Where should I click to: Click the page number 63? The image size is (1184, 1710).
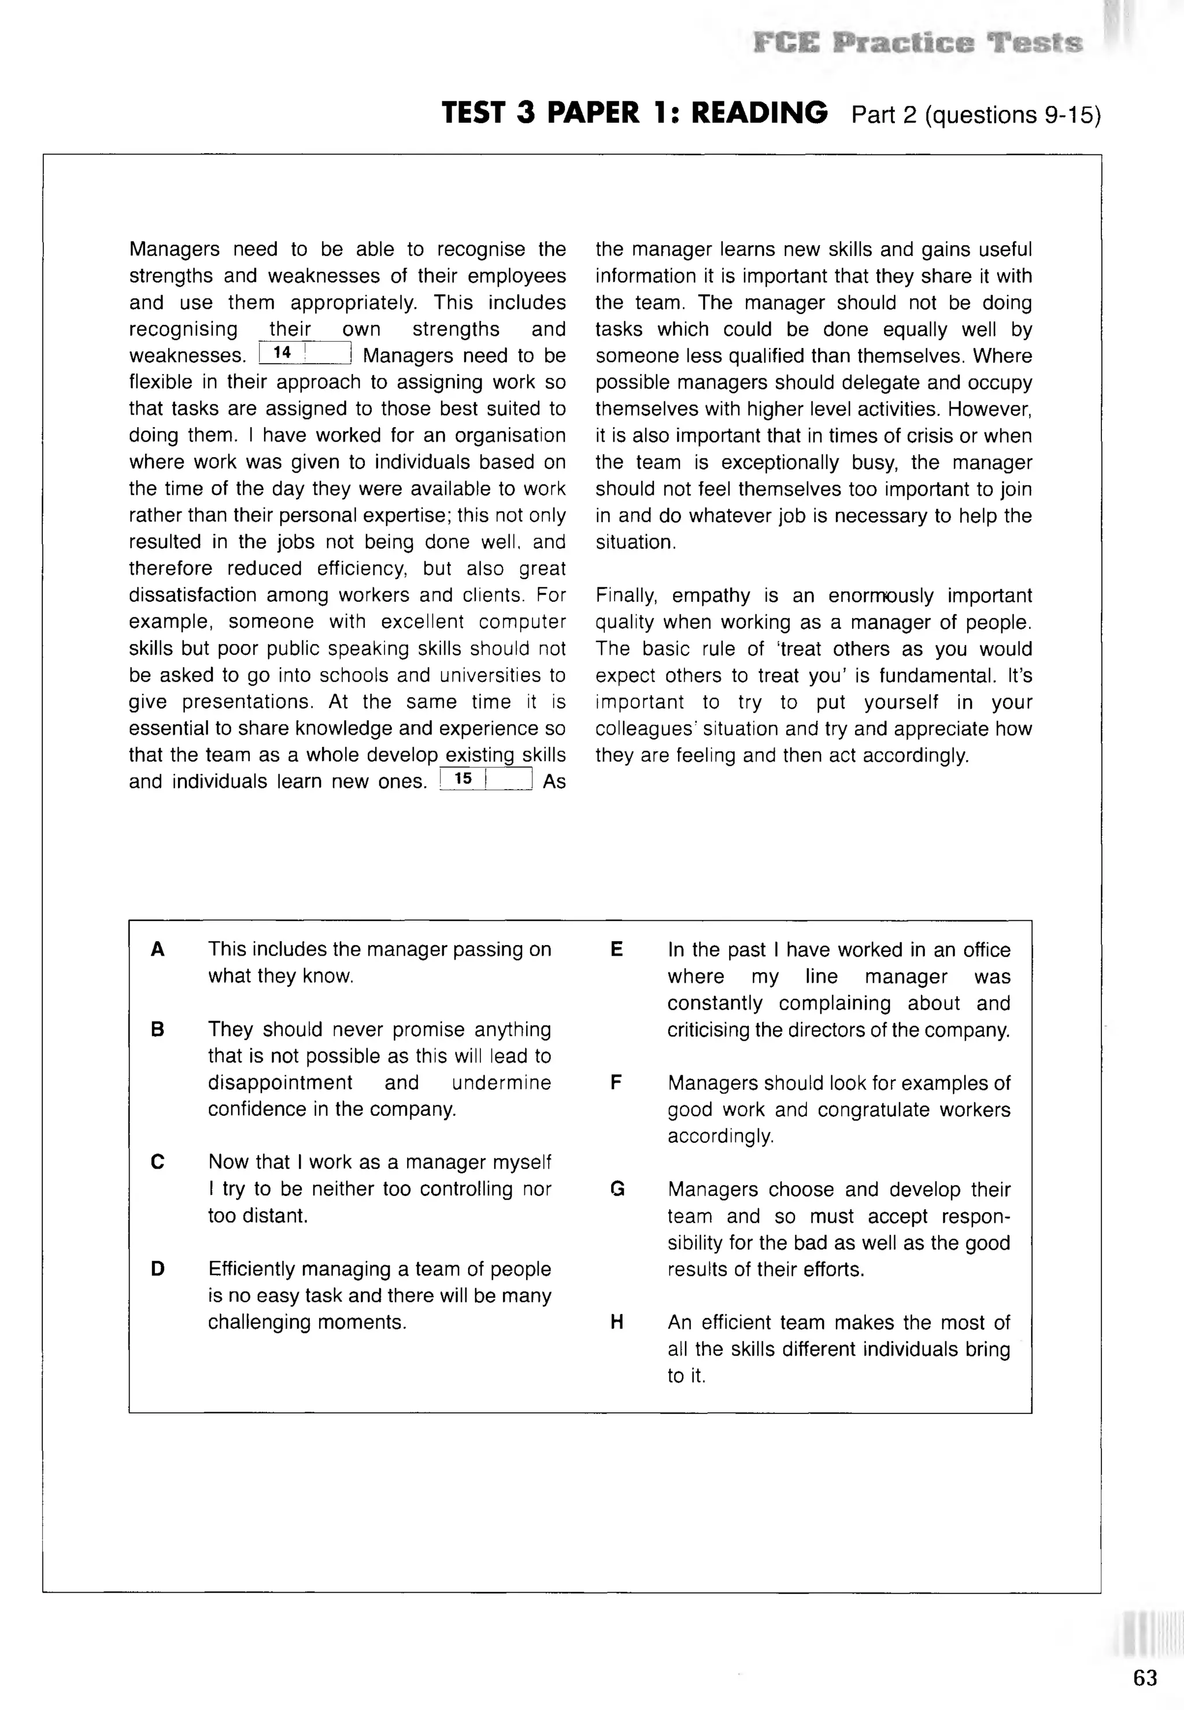[1145, 1678]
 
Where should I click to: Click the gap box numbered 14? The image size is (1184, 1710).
[305, 353]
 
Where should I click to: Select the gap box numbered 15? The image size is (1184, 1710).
[486, 778]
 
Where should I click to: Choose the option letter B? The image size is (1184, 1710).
[157, 1029]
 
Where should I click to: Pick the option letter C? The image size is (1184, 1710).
[157, 1162]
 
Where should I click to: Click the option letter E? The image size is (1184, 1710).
[616, 950]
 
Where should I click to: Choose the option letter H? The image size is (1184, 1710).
[616, 1322]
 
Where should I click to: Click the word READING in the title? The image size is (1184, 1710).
[759, 113]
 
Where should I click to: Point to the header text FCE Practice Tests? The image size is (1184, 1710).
[917, 43]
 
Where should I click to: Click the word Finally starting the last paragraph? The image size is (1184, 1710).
[626, 595]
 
